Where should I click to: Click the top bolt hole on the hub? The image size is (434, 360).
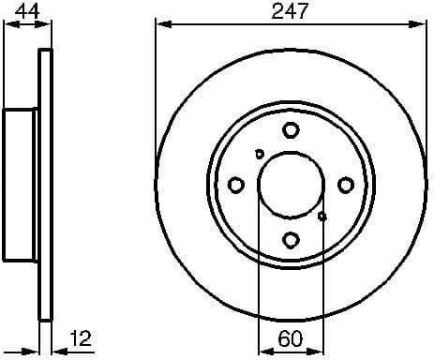coord(291,130)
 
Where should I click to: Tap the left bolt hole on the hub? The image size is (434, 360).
coord(236,185)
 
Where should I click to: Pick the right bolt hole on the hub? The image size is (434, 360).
coord(346,185)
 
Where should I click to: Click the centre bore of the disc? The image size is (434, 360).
coord(291,185)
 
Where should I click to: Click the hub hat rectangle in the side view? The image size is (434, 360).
coord(21,185)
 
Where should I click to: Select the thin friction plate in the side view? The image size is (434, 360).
coord(43,185)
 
